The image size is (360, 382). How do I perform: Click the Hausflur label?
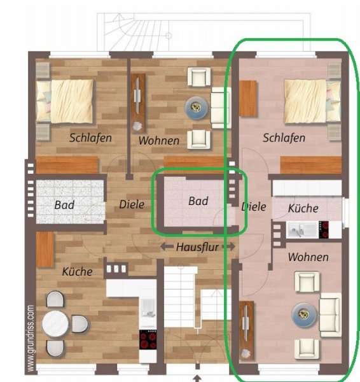click(197, 247)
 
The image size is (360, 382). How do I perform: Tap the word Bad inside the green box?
click(198, 201)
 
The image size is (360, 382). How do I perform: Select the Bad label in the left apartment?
click(64, 205)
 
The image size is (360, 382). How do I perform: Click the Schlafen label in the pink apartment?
click(284, 138)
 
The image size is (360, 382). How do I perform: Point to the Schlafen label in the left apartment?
click(90, 138)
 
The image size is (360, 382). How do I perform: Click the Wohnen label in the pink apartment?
click(308, 257)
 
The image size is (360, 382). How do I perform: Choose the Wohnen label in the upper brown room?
click(159, 141)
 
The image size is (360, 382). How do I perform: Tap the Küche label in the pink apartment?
click(303, 208)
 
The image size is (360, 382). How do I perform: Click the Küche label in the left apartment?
click(78, 272)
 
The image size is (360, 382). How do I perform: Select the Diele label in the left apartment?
click(132, 204)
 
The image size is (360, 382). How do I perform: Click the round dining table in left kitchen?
click(55, 324)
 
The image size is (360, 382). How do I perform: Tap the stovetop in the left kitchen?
click(148, 339)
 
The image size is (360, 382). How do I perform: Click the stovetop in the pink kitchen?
click(324, 230)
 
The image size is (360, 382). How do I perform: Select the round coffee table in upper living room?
click(197, 108)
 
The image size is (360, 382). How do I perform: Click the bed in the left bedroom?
click(65, 101)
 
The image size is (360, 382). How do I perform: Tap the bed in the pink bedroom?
click(312, 101)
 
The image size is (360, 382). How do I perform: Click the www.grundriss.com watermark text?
click(31, 339)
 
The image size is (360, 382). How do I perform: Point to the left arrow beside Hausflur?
click(167, 246)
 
